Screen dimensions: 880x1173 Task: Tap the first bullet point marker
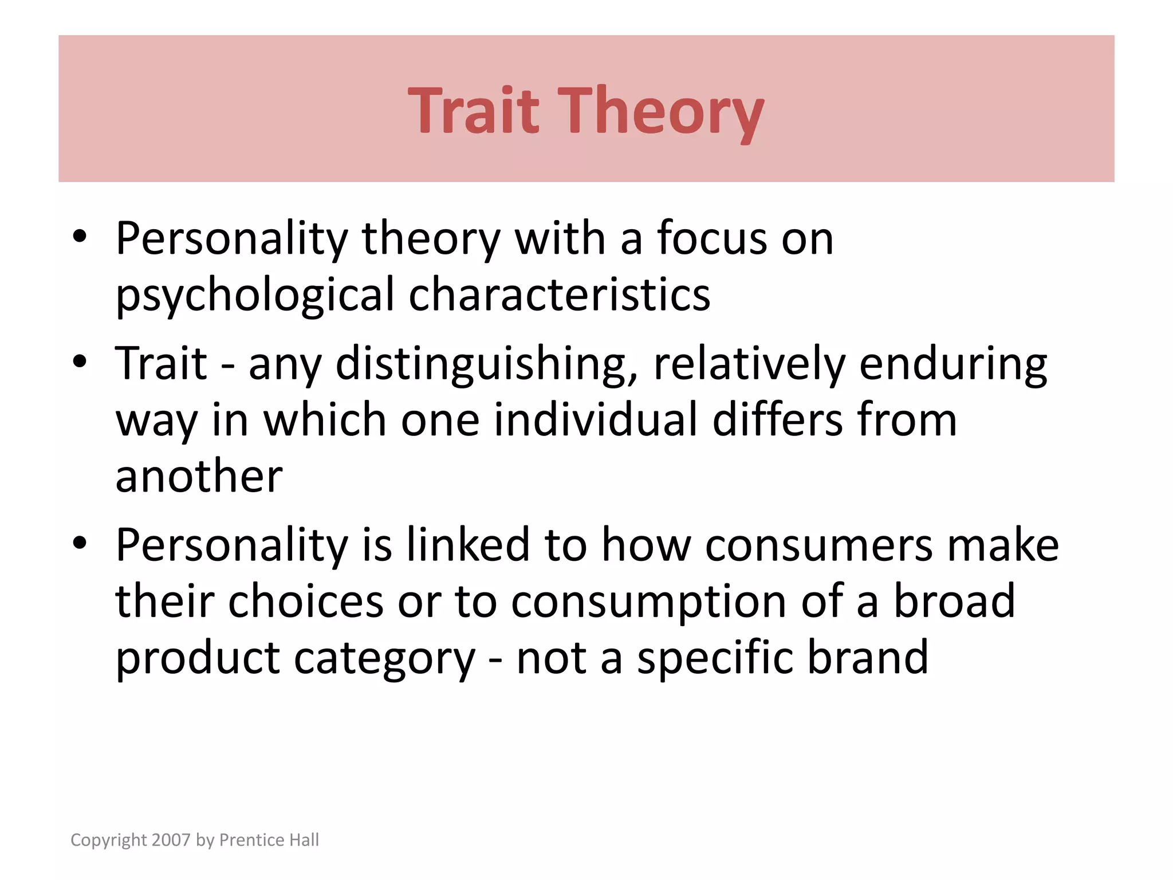pyautogui.click(x=80, y=237)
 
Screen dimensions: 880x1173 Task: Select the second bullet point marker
pyautogui.click(x=80, y=362)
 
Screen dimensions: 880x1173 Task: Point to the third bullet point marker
pyautogui.click(x=80, y=543)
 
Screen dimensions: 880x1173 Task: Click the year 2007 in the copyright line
pyautogui.click(x=171, y=840)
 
